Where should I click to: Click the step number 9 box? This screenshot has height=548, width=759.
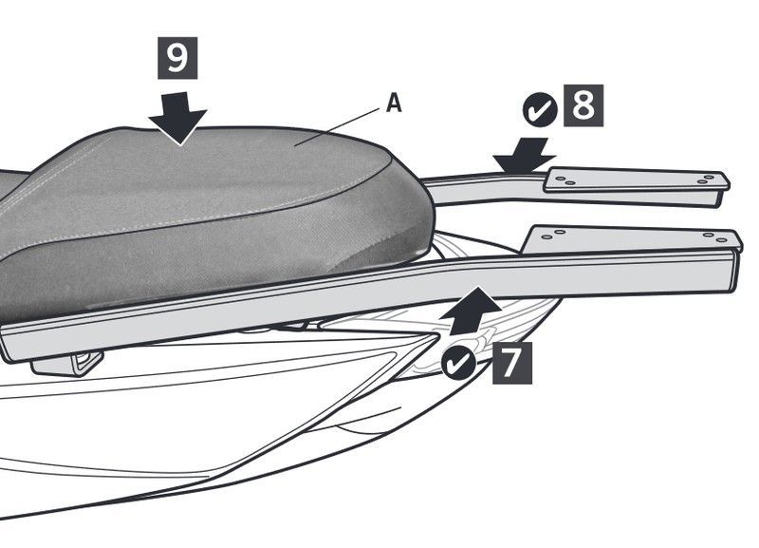[177, 58]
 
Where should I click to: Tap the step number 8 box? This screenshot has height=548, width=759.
[583, 105]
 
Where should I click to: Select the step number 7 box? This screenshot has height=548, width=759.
[512, 363]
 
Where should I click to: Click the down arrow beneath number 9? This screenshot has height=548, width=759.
[178, 118]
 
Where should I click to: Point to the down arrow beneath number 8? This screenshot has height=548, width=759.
[524, 156]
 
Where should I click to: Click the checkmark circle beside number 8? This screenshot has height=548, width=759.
[540, 110]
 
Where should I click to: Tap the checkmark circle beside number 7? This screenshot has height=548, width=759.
[459, 362]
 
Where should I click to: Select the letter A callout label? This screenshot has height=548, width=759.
[394, 104]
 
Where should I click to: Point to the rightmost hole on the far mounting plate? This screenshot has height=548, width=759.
[710, 178]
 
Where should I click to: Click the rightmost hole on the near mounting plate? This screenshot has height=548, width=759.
[722, 240]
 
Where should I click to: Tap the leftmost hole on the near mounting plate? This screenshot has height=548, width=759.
[547, 237]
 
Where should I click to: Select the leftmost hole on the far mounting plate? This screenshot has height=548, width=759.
[561, 179]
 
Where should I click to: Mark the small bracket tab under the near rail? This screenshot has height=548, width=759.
[67, 364]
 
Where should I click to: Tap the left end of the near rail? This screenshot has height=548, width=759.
[5, 343]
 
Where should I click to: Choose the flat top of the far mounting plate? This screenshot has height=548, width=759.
[637, 180]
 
